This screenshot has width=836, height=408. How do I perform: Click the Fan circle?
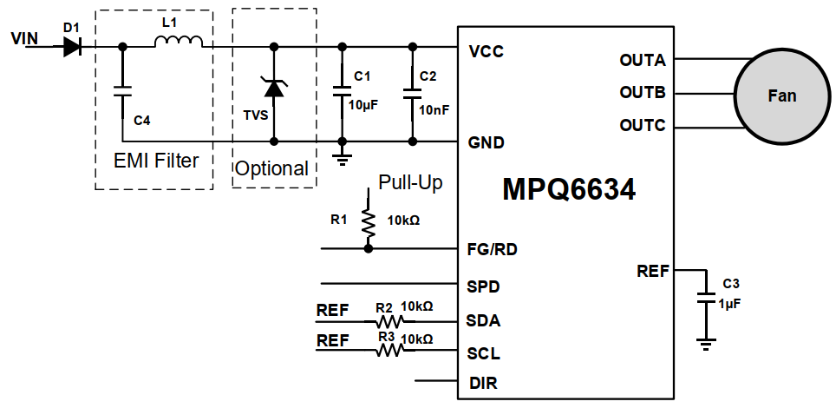click(781, 95)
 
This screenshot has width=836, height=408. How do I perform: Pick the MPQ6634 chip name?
click(569, 189)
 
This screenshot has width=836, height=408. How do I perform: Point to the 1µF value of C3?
click(730, 304)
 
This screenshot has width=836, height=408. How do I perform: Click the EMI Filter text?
click(156, 161)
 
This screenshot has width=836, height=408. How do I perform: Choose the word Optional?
click(272, 169)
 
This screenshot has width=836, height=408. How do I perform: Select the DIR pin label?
click(483, 382)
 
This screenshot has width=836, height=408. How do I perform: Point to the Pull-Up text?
click(410, 183)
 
